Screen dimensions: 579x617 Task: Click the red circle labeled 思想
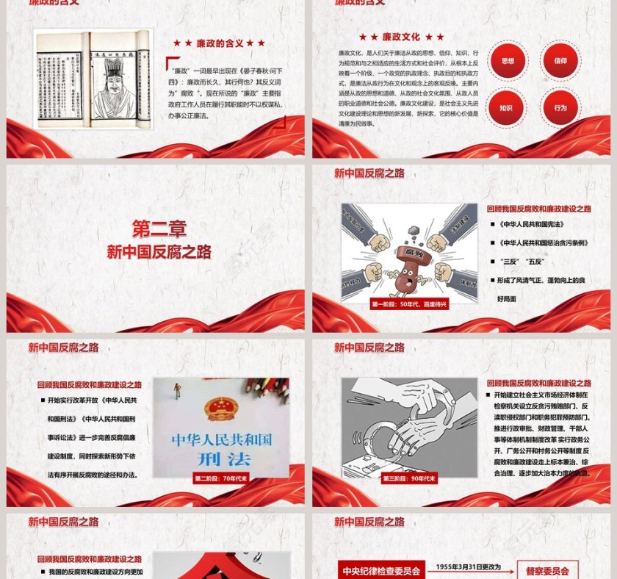507,61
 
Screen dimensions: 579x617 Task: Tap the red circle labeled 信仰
560,61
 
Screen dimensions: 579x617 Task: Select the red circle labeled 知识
507,108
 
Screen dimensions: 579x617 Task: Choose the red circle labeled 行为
560,108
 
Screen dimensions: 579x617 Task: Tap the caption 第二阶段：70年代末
221,478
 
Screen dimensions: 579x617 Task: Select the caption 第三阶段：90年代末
409,478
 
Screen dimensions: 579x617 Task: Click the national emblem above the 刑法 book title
218,409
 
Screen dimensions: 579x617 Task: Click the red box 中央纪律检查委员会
380,569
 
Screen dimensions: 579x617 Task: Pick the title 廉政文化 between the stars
401,37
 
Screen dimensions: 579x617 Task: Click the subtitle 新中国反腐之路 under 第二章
159,252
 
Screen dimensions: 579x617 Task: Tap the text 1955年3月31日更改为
469,567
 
